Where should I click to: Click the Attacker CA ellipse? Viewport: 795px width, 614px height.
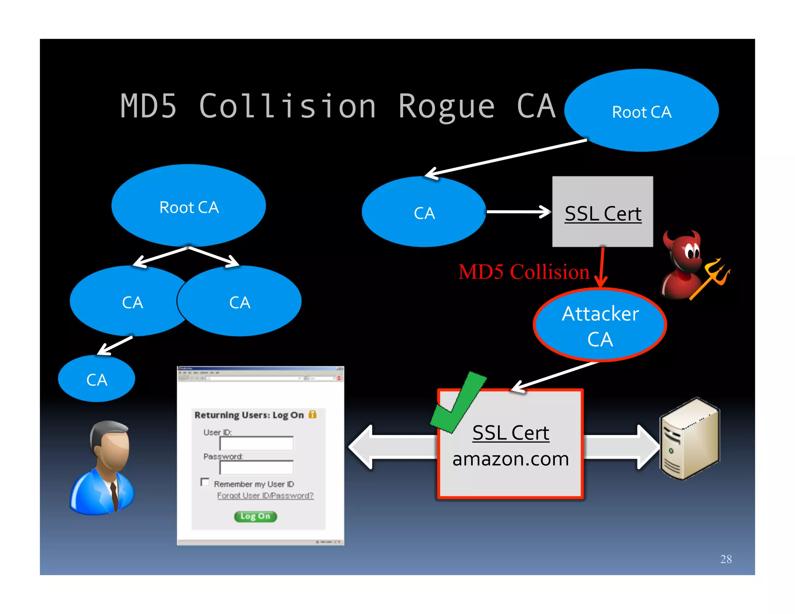(600, 325)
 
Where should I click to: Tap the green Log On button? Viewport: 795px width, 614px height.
(255, 516)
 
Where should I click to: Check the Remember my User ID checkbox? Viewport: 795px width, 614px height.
(205, 482)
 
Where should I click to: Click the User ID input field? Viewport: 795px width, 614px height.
(256, 443)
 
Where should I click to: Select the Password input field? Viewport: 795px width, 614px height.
(256, 468)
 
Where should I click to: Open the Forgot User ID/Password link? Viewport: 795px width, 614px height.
(265, 496)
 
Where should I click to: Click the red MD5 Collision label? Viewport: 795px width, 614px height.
(524, 272)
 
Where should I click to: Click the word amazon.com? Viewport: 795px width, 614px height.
(510, 459)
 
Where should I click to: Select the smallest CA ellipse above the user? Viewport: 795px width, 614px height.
(96, 379)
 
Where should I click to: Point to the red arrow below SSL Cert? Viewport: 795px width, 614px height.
(601, 268)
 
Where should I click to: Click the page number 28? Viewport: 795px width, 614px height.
(726, 559)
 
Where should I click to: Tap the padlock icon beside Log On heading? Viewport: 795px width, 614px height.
(312, 414)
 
